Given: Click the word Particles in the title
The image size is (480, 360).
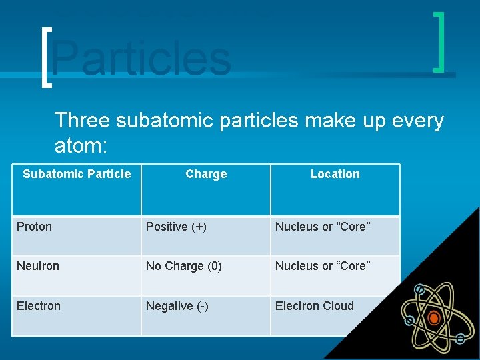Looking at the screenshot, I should (141, 58).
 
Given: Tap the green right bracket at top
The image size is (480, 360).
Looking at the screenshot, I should (439, 41).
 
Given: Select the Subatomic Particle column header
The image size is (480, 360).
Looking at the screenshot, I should (77, 174).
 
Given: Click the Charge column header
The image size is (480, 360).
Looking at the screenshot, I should (206, 174).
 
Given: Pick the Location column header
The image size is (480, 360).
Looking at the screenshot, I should (335, 174).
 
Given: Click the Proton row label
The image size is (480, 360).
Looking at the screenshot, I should (34, 227).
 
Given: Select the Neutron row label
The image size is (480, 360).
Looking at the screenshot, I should (38, 266).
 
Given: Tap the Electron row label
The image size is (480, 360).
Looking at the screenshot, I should (39, 306).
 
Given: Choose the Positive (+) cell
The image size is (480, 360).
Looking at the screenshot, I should (176, 227).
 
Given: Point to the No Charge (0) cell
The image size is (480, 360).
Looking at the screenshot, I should (184, 266).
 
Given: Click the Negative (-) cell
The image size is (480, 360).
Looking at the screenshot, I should (177, 306).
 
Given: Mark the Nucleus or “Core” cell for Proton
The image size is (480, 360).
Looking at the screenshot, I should (323, 227).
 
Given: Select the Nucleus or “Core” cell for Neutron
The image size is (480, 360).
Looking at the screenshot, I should (323, 266).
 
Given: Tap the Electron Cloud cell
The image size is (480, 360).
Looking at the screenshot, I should (315, 306).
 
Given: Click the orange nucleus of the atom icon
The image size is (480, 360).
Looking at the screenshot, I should (434, 318).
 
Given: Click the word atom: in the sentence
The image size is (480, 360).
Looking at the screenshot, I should (82, 145).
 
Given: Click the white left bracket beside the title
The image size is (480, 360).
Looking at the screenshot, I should (45, 57).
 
